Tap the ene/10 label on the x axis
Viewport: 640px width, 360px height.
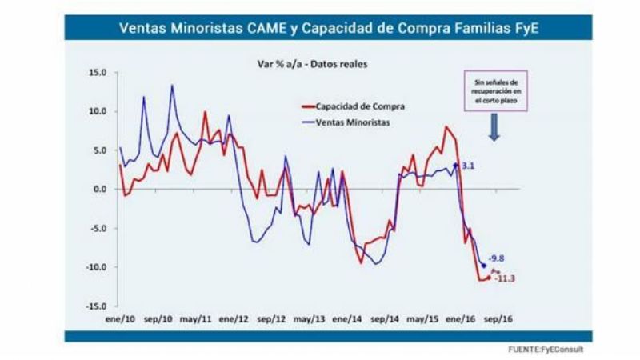119,318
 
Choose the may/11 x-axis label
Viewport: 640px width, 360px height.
196,318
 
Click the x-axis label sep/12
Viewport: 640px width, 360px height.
272,318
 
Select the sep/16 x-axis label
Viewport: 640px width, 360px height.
500,318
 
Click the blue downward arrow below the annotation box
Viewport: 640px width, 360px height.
494,127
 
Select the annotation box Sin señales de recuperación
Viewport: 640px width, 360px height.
494,91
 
